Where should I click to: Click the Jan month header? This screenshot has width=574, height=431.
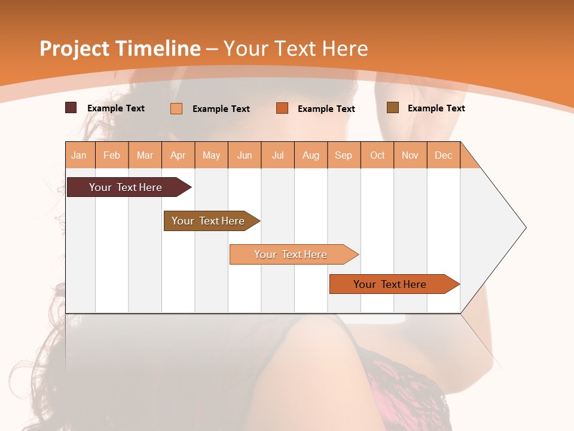click(x=80, y=155)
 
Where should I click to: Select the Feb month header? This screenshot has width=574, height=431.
click(x=112, y=155)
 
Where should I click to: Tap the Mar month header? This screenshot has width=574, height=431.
click(x=145, y=155)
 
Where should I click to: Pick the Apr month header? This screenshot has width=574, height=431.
click(x=178, y=155)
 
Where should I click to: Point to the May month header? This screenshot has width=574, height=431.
click(x=211, y=155)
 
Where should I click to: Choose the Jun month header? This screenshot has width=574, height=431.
click(x=245, y=155)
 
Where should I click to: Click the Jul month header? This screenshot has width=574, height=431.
click(x=277, y=155)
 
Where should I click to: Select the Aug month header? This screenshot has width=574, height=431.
click(x=311, y=155)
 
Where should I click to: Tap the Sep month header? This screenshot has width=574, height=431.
click(x=344, y=155)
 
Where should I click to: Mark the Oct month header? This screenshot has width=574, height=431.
click(x=377, y=155)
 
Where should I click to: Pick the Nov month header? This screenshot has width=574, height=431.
click(x=410, y=155)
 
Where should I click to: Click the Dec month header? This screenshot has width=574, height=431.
click(x=444, y=155)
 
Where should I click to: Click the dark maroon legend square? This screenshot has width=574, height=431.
click(x=71, y=108)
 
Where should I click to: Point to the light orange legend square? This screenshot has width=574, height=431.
click(x=176, y=108)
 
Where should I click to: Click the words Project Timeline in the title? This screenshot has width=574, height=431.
click(x=120, y=48)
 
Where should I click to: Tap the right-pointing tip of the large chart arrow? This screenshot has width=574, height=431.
click(x=524, y=227)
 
